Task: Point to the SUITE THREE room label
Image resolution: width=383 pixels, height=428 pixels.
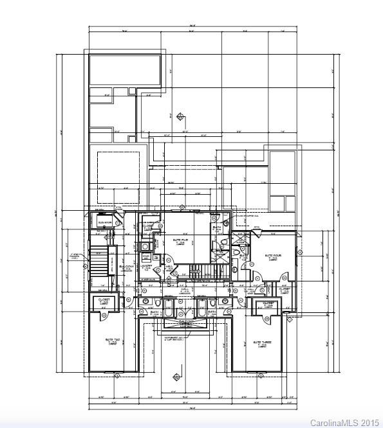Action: click(262, 343)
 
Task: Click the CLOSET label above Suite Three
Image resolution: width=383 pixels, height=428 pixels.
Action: click(268, 304)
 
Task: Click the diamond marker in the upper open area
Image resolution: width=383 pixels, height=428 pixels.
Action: click(182, 116)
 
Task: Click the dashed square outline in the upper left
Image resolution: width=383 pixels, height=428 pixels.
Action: click(119, 168)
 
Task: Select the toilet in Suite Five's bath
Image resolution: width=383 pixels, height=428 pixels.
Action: click(222, 241)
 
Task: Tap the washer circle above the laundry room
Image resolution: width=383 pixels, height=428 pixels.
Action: click(147, 246)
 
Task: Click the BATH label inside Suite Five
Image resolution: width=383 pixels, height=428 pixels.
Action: click(217, 227)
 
